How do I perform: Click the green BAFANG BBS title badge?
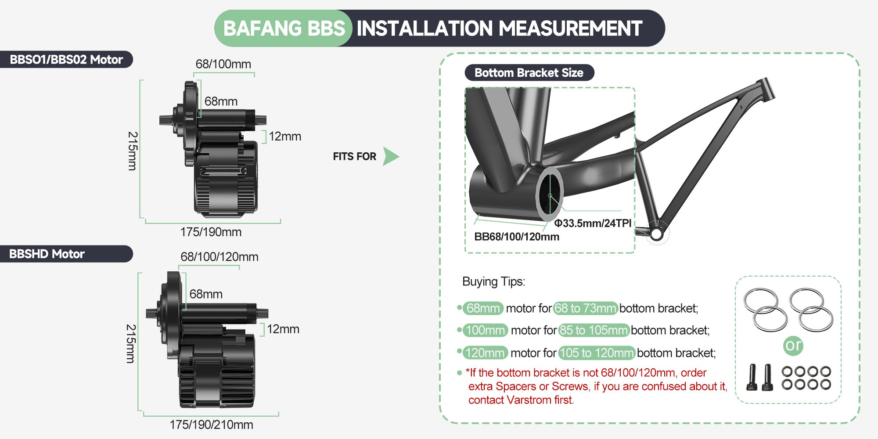(x=284, y=29)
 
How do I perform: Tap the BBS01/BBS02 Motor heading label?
(x=66, y=60)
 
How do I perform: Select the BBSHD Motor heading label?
(x=47, y=254)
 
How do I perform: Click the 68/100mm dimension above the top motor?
(x=223, y=64)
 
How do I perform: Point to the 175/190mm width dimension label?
(x=211, y=232)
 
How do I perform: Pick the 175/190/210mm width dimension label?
(x=211, y=425)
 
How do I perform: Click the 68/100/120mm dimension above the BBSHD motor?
(x=219, y=257)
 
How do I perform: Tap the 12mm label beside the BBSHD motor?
(x=283, y=329)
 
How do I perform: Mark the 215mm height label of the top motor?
(x=132, y=151)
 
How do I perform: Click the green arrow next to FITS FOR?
(x=390, y=156)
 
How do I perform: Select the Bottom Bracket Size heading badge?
(x=529, y=73)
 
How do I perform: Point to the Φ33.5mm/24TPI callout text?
(x=593, y=223)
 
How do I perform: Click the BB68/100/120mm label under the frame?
(x=517, y=237)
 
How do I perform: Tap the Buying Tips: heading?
(x=493, y=281)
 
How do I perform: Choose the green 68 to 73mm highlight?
(x=585, y=308)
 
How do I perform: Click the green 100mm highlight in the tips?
(x=485, y=330)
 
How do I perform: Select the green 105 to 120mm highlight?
(x=596, y=353)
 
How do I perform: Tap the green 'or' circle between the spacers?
(x=793, y=345)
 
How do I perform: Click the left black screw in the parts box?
(x=751, y=378)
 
